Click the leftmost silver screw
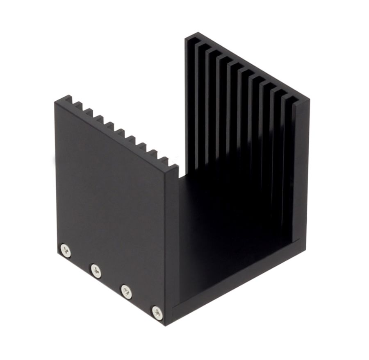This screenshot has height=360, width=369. pos(65,250)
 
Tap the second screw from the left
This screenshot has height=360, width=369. pos(96,270)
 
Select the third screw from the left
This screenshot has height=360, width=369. pos(126,291)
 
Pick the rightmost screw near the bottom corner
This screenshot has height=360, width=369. pos(157,312)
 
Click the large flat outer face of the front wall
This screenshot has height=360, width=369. pos(111,197)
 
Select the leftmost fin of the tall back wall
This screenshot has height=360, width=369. pos(191,102)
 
